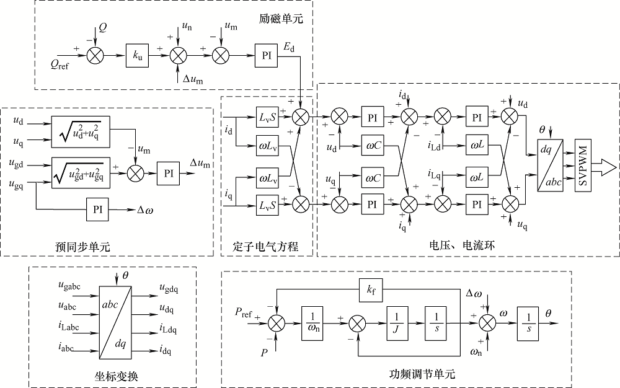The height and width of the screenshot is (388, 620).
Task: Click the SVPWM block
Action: (584, 165)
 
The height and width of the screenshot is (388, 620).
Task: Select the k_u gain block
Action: (138, 56)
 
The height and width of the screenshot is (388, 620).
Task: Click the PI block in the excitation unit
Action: (267, 56)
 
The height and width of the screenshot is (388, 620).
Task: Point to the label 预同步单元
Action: (82, 246)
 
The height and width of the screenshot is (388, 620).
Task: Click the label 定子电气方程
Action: (268, 246)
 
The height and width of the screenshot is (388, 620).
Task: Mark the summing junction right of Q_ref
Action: (95, 56)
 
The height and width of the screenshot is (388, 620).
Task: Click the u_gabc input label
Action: (69, 286)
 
